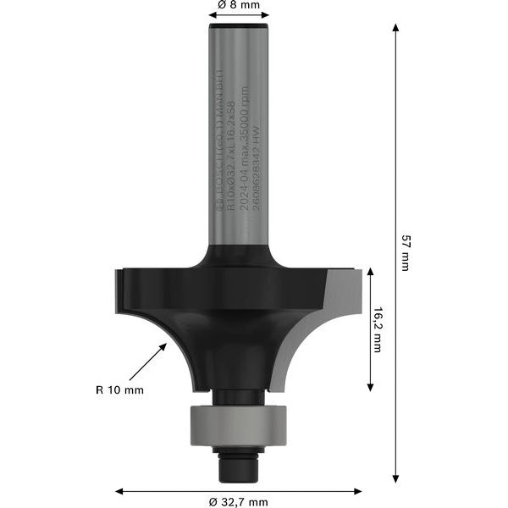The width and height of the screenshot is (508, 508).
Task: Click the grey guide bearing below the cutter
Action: point(238,421)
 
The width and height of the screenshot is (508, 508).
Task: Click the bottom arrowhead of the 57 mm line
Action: point(395,480)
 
